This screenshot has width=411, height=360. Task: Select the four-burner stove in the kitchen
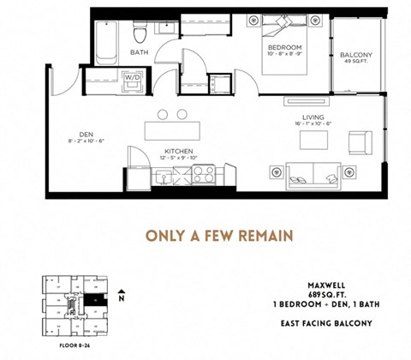coord(204,175)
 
